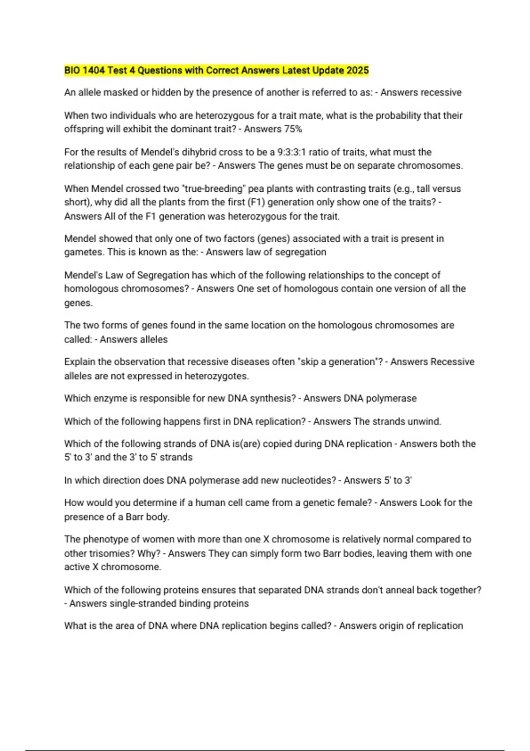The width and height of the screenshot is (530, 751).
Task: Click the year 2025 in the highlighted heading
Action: (x=357, y=71)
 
